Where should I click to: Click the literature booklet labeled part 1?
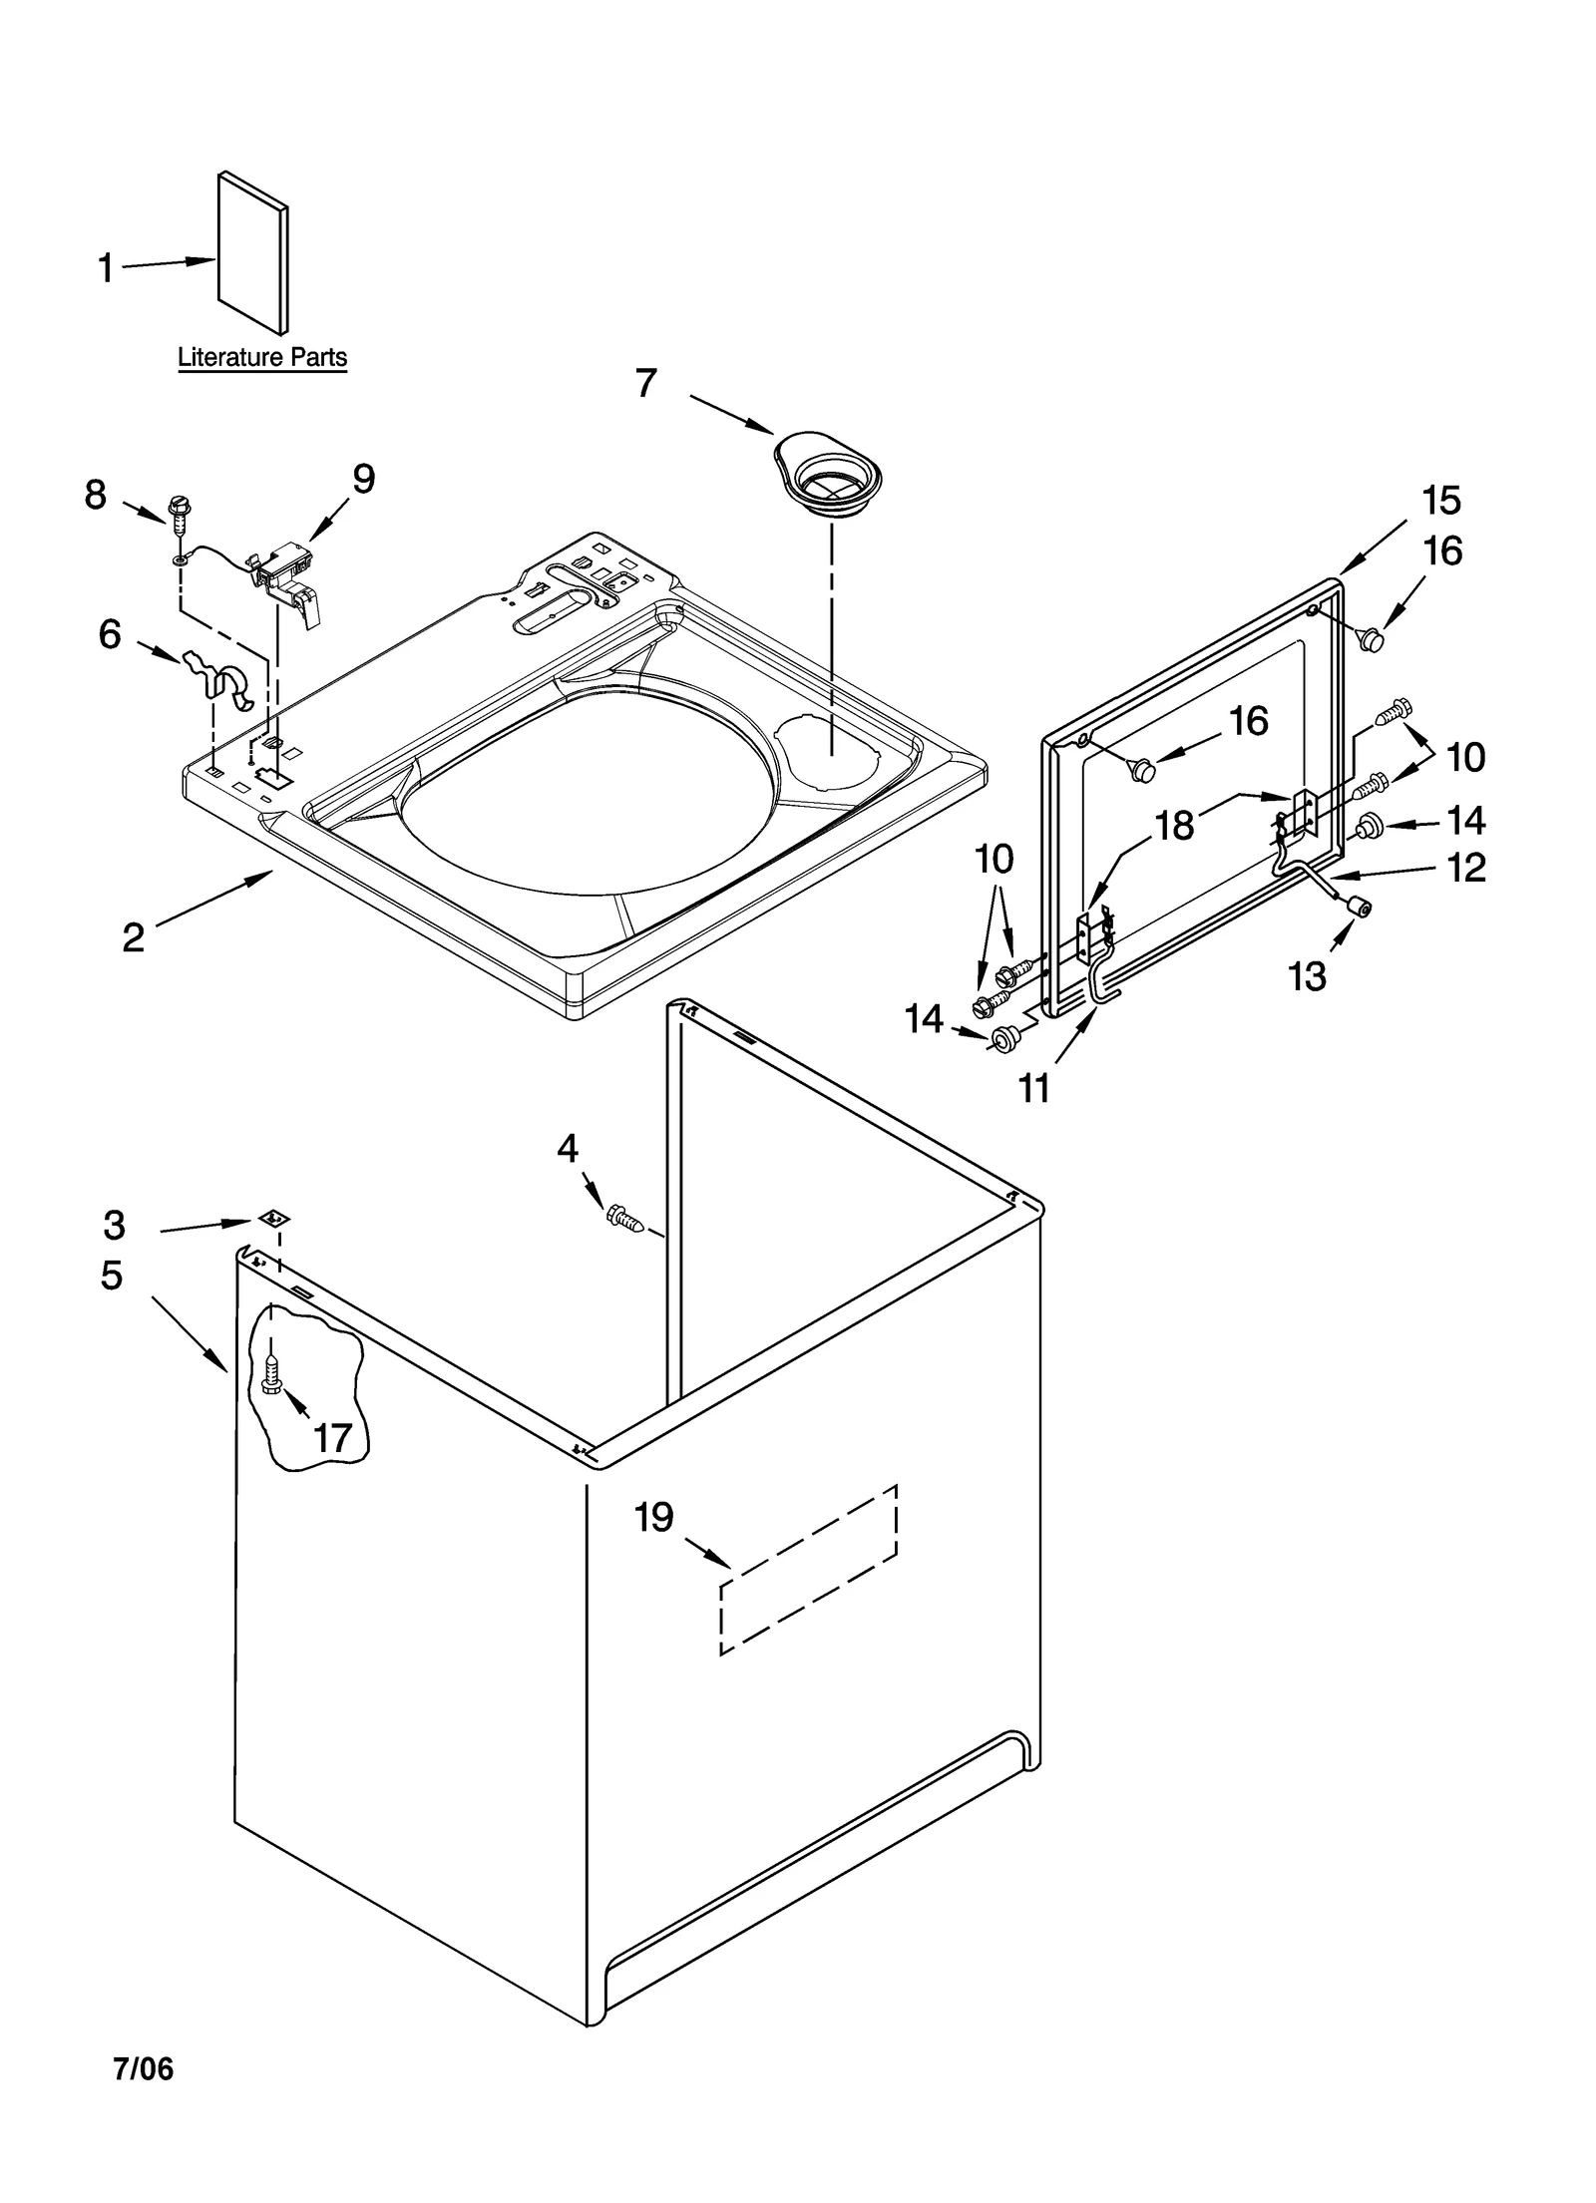(253, 251)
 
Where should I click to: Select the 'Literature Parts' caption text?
(262, 357)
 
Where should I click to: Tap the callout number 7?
(646, 383)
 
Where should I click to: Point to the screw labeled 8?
(182, 515)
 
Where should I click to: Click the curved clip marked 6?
(223, 682)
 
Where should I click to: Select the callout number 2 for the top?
(134, 936)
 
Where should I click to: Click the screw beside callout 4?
(622, 1217)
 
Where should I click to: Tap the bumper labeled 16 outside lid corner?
(1374, 639)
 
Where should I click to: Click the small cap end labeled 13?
(1357, 905)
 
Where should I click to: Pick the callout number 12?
(1465, 868)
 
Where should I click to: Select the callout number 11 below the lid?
(1034, 1088)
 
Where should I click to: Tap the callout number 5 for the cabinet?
(112, 1276)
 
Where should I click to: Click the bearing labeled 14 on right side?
(1369, 824)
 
